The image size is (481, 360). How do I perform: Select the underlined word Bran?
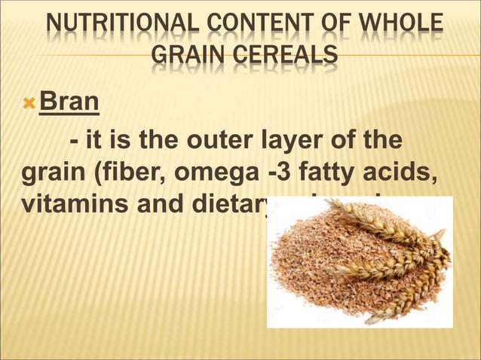click(x=69, y=101)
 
